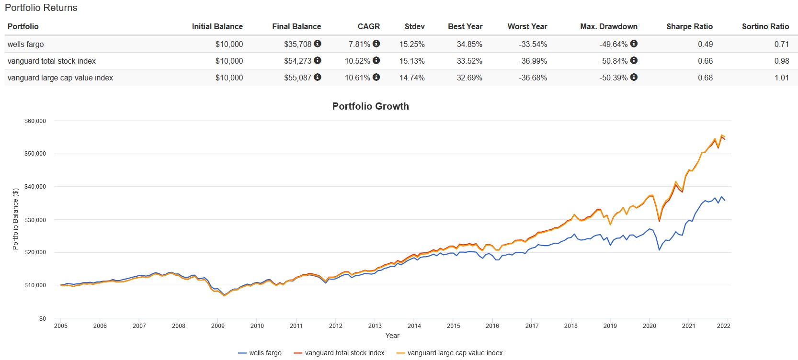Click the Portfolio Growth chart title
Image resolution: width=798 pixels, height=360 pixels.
(x=370, y=106)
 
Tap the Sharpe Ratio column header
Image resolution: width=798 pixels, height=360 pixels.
(x=689, y=27)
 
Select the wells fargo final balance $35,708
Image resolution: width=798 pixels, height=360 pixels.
(x=297, y=44)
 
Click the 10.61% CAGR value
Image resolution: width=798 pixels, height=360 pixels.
(x=357, y=78)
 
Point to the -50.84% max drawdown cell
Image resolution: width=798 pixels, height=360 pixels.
(x=613, y=61)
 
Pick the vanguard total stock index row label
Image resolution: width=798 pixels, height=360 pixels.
(x=52, y=61)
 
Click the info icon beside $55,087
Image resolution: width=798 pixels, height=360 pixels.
(x=318, y=77)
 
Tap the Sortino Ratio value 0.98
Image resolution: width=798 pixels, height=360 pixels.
(x=781, y=61)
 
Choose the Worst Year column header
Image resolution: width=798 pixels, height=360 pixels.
(x=527, y=27)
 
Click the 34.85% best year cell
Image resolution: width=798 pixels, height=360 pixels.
(x=469, y=44)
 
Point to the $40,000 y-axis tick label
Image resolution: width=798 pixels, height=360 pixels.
(x=35, y=187)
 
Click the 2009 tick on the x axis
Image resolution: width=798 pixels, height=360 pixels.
(x=217, y=326)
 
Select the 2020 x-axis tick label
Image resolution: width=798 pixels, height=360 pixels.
(x=649, y=326)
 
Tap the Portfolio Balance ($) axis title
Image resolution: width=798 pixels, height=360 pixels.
(x=15, y=219)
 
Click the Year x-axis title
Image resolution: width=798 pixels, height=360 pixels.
(x=392, y=336)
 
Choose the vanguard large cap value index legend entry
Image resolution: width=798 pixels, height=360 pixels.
(x=450, y=353)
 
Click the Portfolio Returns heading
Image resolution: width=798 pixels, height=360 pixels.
(x=41, y=8)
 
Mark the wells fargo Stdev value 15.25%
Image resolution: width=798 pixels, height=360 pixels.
(x=412, y=44)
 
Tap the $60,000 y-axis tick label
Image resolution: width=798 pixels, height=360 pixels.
(x=35, y=121)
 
